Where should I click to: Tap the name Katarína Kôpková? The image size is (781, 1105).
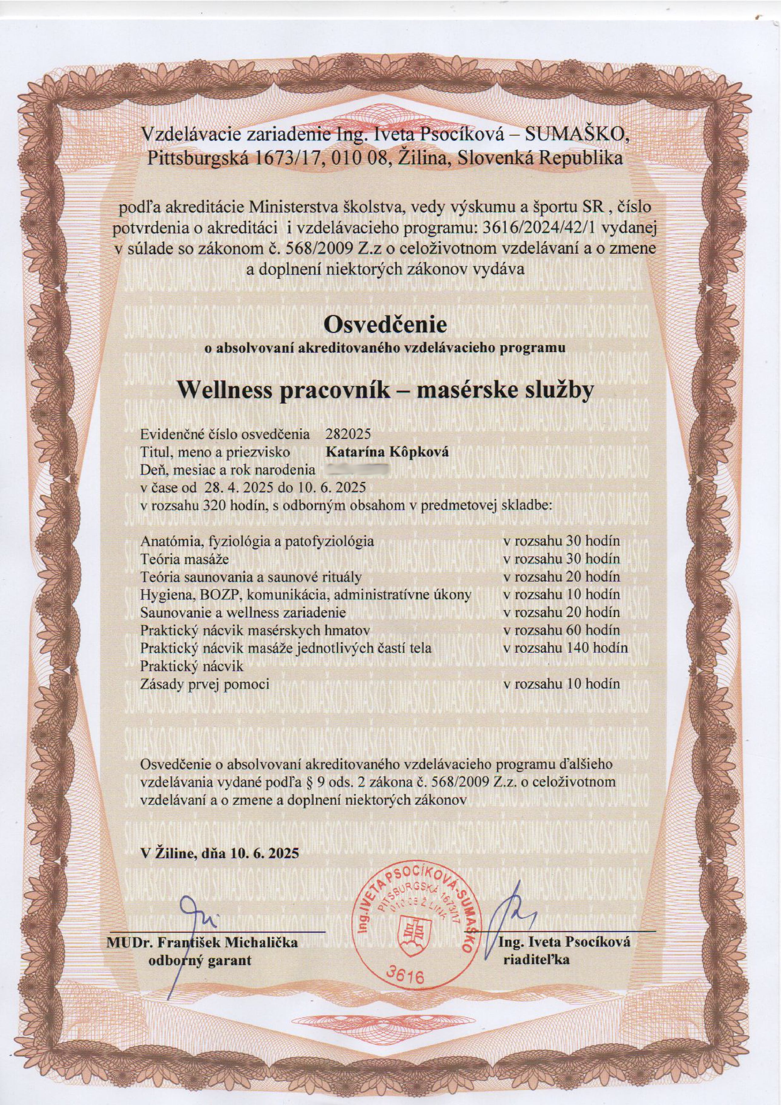pos(387,452)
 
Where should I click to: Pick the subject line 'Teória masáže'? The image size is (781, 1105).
pos(184,559)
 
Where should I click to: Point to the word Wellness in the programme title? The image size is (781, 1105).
pos(222,390)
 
